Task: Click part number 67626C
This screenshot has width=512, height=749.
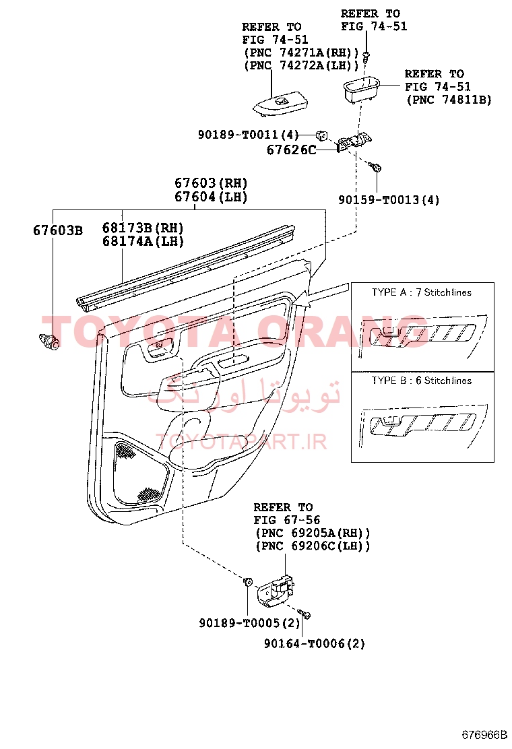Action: coord(291,150)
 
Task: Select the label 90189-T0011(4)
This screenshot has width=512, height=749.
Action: coord(248,135)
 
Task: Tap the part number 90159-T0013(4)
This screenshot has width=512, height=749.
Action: coord(389,199)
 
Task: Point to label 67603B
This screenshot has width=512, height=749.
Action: coord(58,230)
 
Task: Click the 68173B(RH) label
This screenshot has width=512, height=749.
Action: coord(143,228)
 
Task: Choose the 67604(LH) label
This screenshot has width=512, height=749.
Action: coord(211,196)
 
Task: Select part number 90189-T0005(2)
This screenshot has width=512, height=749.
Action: coord(249,623)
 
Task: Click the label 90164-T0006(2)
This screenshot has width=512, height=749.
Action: coord(314,644)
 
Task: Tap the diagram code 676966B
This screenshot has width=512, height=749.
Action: coord(484,735)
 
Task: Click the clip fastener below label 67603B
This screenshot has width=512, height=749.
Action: coord(49,341)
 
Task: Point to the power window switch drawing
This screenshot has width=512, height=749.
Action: coord(280,104)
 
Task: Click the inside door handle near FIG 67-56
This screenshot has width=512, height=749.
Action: coord(276,591)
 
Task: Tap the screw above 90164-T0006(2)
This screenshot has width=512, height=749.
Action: coord(305,614)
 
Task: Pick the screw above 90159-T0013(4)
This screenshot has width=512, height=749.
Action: coord(375,167)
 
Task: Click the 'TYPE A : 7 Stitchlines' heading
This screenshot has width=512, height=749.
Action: coord(421,292)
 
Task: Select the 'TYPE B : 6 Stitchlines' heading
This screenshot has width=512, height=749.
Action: coord(421,381)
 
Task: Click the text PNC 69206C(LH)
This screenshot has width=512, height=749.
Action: coord(313,546)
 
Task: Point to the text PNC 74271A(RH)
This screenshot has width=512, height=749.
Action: coord(301,53)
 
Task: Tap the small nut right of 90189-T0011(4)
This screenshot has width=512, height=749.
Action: coord(322,135)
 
